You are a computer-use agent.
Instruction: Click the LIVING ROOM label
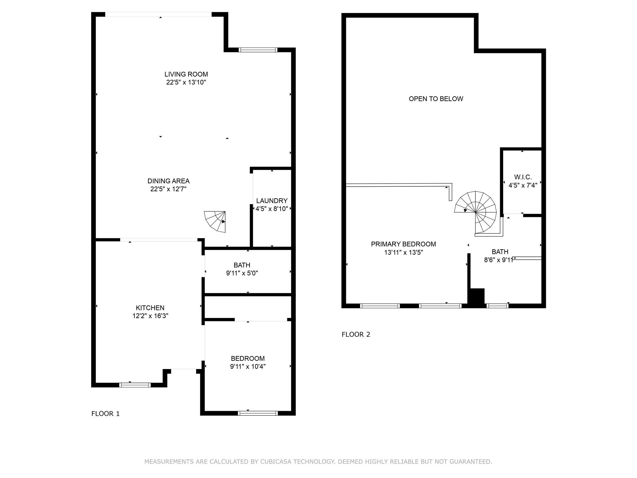186,74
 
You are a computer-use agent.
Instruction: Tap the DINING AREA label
168,181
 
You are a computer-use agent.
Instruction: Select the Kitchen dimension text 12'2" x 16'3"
150,316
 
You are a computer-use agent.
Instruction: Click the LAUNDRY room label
272,201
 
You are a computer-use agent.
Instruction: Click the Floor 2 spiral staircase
476,212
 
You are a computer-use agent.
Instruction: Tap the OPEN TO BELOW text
436,99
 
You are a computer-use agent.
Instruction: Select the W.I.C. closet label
523,177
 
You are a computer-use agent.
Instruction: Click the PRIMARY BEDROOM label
403,244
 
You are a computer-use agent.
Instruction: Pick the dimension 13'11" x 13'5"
403,252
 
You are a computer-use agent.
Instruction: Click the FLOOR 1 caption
105,414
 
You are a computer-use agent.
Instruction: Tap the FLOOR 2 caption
356,335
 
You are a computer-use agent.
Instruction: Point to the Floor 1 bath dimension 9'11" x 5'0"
242,273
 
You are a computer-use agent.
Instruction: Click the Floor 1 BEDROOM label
248,358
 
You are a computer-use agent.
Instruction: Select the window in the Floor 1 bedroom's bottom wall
258,413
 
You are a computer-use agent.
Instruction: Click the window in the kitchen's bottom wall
135,385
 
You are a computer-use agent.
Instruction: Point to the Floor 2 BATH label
500,252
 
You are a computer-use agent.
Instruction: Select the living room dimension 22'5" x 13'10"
186,82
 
